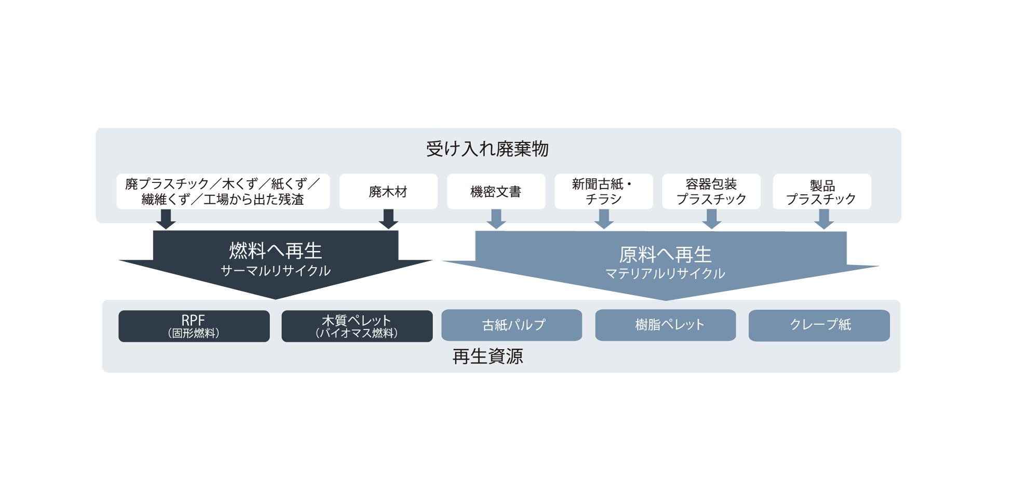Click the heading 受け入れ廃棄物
[x=487, y=149]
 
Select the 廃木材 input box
[x=388, y=191]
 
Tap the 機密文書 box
[x=496, y=191]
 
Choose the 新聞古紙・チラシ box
[x=603, y=191]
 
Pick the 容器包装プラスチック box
[x=711, y=191]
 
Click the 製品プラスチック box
[x=822, y=191]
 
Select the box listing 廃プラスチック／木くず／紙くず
[x=223, y=191]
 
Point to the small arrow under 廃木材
[x=388, y=219]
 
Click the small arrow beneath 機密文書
[x=496, y=219]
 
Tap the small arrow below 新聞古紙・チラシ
[x=604, y=219]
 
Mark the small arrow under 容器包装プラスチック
[x=712, y=219]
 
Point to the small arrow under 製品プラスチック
[x=823, y=219]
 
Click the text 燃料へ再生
[x=276, y=251]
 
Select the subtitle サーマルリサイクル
[x=276, y=271]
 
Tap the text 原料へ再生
[x=665, y=255]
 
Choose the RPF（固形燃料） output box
[x=194, y=326]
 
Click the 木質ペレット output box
[x=357, y=326]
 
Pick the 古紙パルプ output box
[x=512, y=325]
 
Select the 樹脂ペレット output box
[x=666, y=325]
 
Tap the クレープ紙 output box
[x=819, y=325]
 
